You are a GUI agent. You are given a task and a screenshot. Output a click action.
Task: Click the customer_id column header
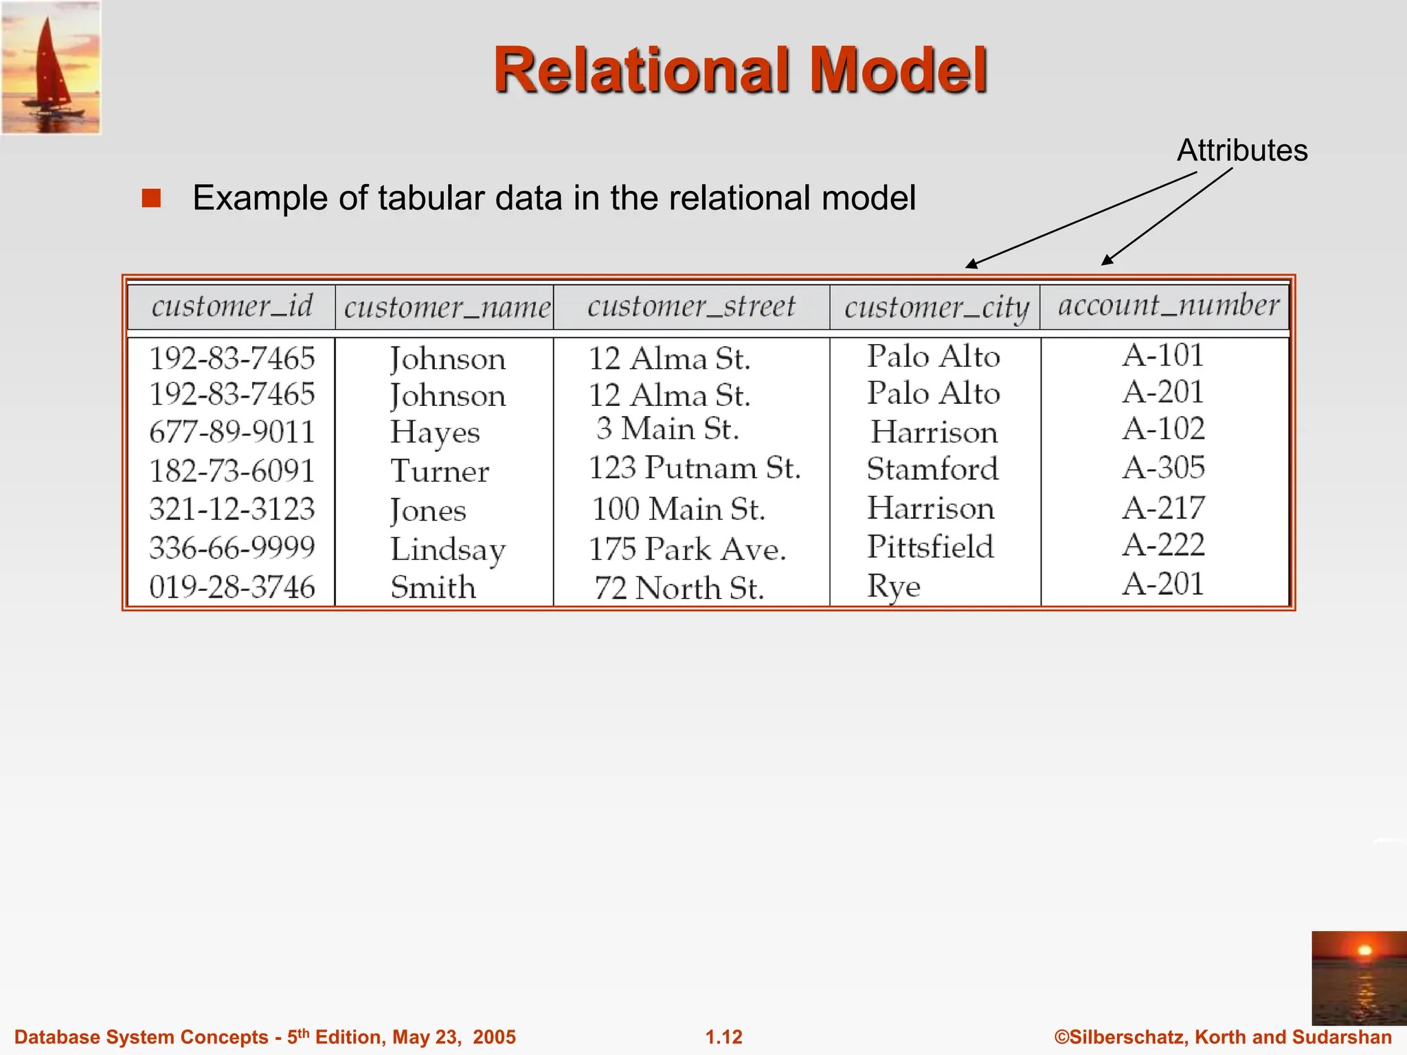coord(232,306)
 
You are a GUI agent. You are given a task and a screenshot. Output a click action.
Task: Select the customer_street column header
coord(691,306)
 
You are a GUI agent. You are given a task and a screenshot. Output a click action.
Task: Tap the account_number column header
coord(1168,305)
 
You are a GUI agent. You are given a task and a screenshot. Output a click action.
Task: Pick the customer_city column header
coord(936,307)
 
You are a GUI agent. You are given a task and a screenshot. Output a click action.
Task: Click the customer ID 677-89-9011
coord(232,432)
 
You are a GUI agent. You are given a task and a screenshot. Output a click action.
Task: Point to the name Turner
coord(440,471)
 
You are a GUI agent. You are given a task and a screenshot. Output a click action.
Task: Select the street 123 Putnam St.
coord(695,468)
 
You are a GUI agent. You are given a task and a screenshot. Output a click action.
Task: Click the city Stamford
coord(932,469)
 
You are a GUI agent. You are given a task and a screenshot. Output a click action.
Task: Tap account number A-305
coord(1164,468)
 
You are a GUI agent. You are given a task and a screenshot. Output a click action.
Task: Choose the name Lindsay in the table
coord(448,549)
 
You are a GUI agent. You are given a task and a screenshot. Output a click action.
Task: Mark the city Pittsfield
coord(930,547)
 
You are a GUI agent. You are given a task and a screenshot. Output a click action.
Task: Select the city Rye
coord(893,587)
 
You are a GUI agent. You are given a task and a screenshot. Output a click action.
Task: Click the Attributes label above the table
coord(1242,150)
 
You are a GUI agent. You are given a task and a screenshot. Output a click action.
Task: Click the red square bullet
coord(151,198)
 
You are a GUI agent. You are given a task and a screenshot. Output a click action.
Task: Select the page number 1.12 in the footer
coord(724,1037)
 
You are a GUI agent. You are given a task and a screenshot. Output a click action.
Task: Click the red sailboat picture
coord(52,67)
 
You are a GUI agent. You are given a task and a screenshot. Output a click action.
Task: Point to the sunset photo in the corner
coord(1358,978)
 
